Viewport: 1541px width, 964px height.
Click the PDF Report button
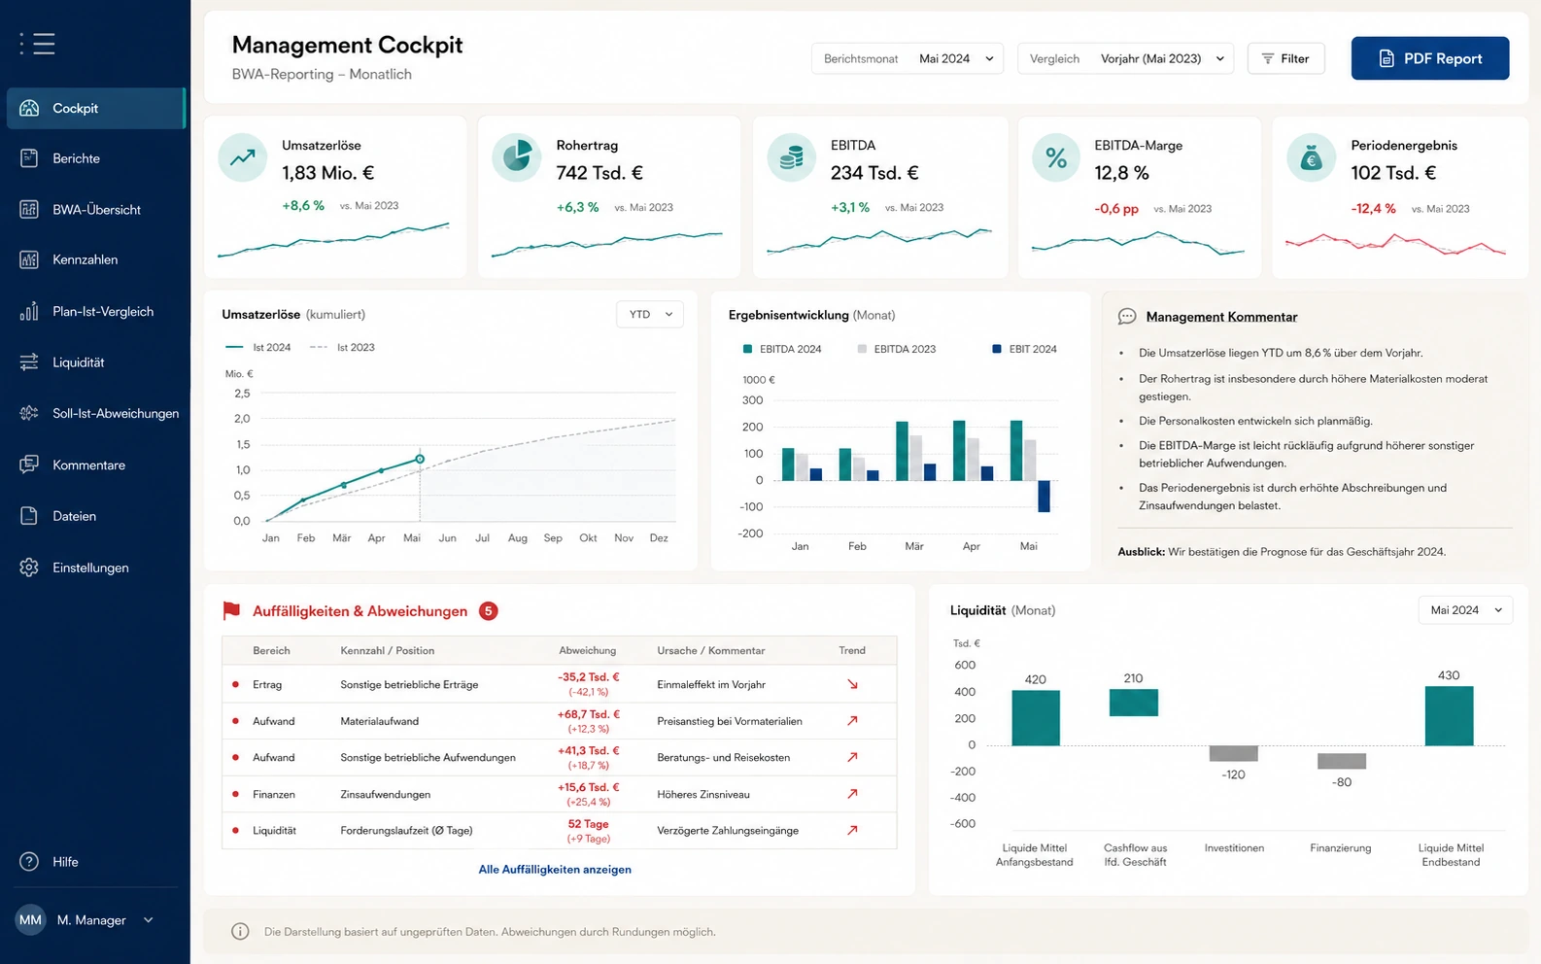pos(1429,58)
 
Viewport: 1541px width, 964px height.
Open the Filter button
pos(1285,58)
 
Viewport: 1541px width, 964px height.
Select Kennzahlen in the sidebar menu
pos(86,259)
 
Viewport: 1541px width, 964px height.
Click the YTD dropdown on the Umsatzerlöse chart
pos(649,315)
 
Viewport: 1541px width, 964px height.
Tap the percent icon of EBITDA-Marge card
pos(1056,157)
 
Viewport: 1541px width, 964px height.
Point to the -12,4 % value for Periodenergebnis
pos(1373,209)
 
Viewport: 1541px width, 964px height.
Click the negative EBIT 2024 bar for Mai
pos(1044,497)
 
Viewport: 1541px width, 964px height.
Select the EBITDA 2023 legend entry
pos(897,349)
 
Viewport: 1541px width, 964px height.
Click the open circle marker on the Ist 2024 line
pos(420,459)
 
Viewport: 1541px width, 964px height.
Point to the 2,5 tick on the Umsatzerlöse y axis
pos(242,394)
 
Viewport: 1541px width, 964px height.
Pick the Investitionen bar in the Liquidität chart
pos(1234,753)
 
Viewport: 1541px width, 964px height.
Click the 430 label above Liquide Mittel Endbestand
pos(1448,675)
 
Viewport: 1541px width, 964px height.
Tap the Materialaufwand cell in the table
pos(379,721)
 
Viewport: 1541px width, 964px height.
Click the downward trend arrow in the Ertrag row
pos(852,685)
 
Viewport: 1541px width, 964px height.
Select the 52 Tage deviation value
pos(588,824)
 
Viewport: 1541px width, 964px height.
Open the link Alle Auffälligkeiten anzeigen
pos(555,869)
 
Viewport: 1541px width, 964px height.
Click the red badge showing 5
pos(489,611)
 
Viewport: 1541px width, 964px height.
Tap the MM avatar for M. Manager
pos(30,920)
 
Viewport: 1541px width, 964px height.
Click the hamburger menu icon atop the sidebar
pos(38,44)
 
